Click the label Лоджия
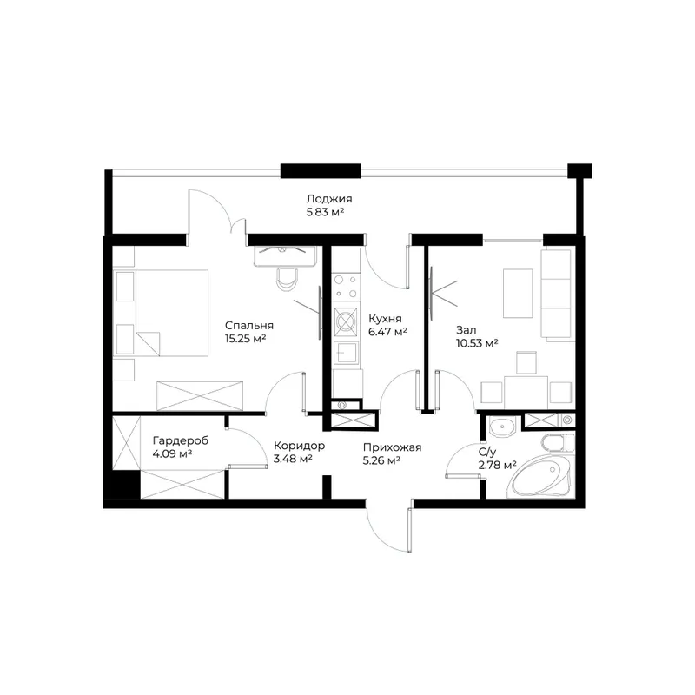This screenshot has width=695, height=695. point(329,199)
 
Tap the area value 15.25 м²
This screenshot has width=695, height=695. point(245,339)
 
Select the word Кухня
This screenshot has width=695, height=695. point(385,319)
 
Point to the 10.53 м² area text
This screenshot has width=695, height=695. point(477,343)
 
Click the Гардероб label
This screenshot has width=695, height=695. point(181,441)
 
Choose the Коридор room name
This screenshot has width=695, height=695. point(299,446)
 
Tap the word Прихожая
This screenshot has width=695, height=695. point(392,447)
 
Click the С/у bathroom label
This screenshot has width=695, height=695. point(487,452)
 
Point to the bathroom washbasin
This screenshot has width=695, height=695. point(502,427)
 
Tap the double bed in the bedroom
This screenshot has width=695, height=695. point(161,313)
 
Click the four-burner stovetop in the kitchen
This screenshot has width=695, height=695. point(346,286)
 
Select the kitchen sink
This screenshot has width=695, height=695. point(346,353)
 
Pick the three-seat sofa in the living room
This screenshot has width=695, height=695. point(556,295)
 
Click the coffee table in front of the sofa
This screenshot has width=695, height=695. point(518,293)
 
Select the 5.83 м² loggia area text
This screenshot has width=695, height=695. point(325,212)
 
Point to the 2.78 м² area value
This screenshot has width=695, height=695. point(497,465)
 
